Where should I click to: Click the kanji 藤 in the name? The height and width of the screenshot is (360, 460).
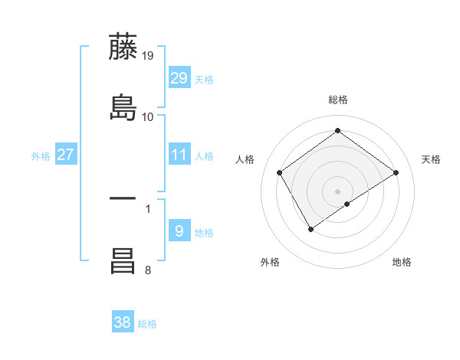pos(124,47)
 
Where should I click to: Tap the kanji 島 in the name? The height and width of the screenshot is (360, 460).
pos(124,107)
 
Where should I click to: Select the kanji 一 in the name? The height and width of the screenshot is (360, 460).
pos(124,198)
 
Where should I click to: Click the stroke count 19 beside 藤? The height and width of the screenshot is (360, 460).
pos(148,55)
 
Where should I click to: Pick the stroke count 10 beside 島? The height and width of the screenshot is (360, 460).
pos(148,116)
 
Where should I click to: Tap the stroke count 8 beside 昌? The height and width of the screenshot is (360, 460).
pos(148,269)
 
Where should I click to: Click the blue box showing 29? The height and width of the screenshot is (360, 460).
pos(179,78)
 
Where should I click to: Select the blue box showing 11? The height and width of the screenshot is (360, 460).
pos(179,155)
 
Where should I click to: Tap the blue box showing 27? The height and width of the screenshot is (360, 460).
pos(66,155)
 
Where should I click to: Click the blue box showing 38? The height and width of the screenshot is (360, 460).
pos(123,322)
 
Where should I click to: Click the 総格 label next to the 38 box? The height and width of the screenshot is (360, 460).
pos(147,324)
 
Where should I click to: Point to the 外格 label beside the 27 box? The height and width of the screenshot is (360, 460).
pos(41,156)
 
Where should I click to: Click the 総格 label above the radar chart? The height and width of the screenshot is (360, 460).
pos(337,100)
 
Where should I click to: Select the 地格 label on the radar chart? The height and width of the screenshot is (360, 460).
pos(402,262)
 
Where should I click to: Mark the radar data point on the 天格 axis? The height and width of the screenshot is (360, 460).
pos(396,172)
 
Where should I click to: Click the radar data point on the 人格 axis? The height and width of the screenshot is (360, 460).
pos(280,172)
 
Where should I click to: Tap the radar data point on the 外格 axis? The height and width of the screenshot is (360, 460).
pos(311,229)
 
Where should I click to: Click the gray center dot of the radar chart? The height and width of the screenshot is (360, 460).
pos(337,191)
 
